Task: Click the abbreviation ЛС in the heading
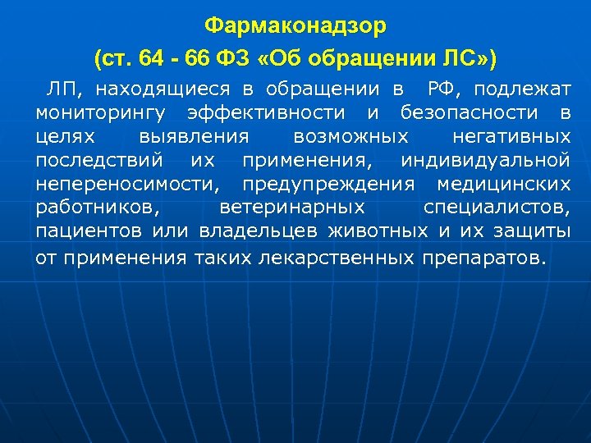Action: tap(464, 59)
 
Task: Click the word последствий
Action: tap(99, 158)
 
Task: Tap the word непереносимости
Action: tap(128, 181)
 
